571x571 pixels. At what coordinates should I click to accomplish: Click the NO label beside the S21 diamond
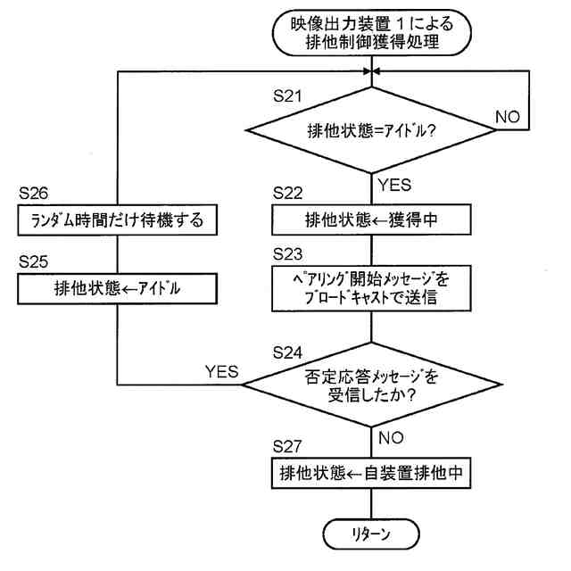tap(508, 116)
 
